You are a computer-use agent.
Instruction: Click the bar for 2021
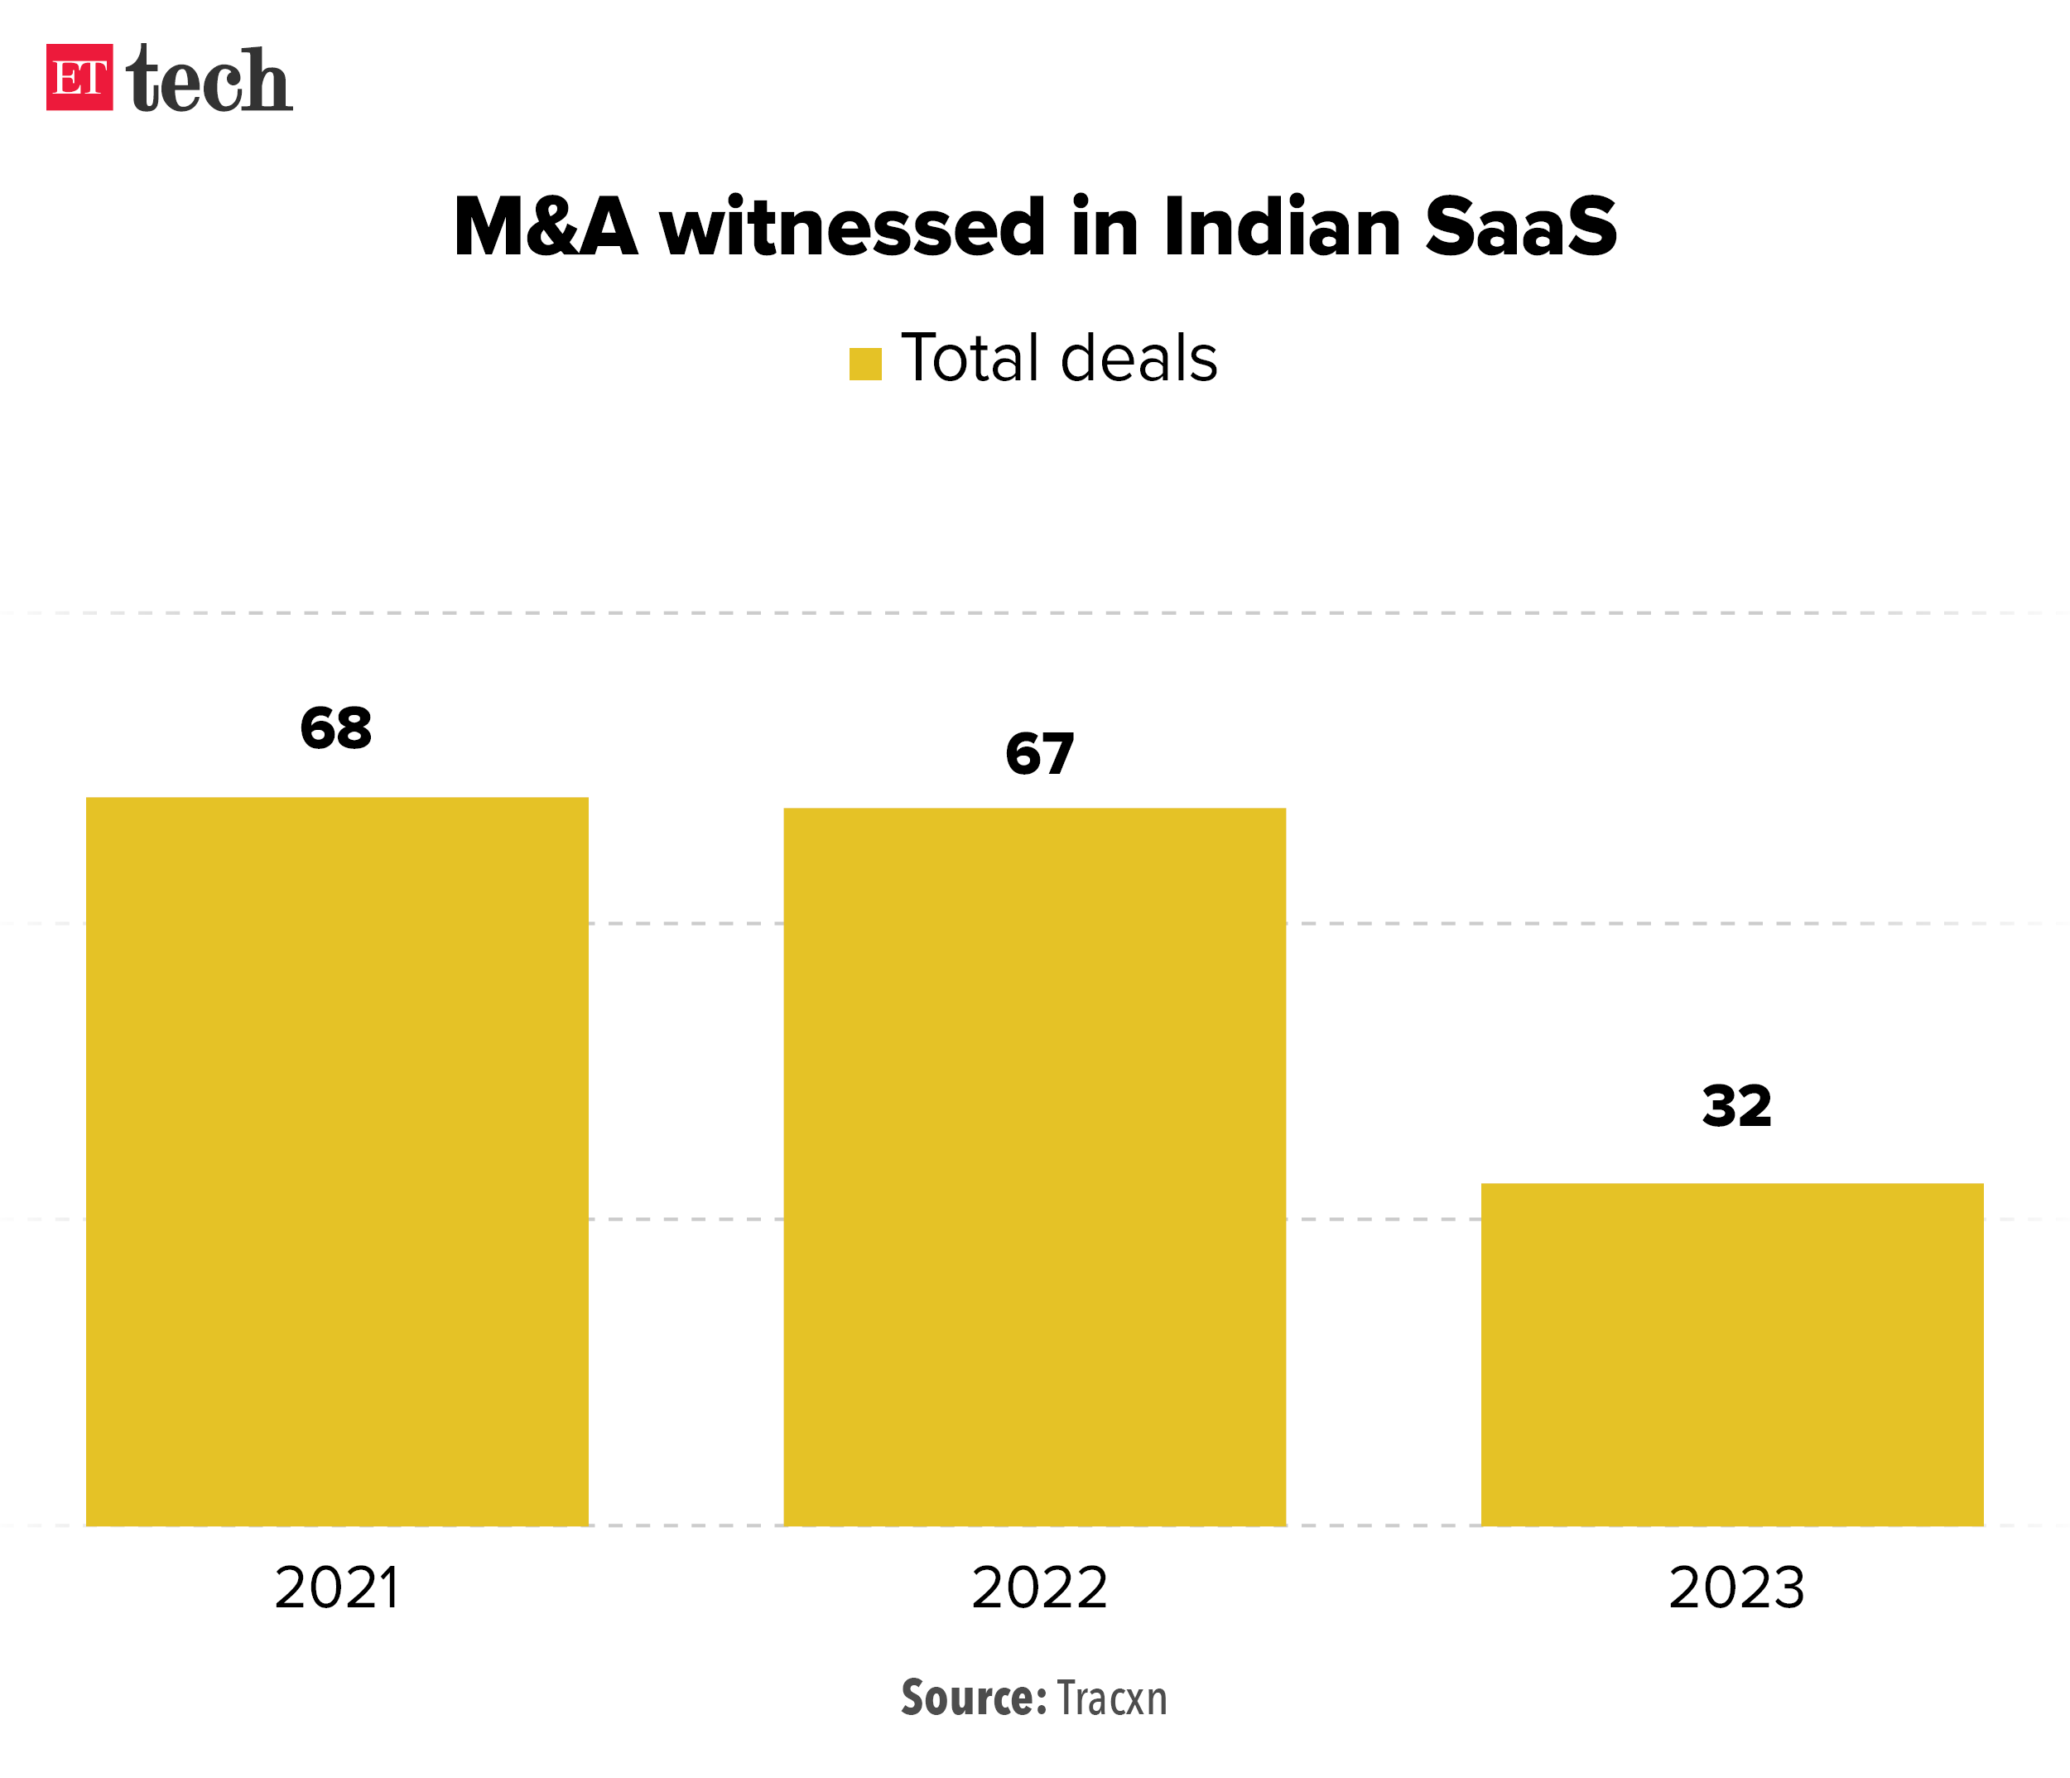337,1161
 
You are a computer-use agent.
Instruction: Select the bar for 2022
1034,1166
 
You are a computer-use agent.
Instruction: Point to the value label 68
335,727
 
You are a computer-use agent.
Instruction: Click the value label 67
1039,754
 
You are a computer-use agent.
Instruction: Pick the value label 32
1736,1106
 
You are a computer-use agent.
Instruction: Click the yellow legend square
865,364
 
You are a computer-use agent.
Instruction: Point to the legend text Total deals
1059,358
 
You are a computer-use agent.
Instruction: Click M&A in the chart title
546,227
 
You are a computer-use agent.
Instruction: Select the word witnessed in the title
853,227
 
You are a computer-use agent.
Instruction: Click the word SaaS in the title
1519,227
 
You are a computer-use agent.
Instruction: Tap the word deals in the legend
1138,358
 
